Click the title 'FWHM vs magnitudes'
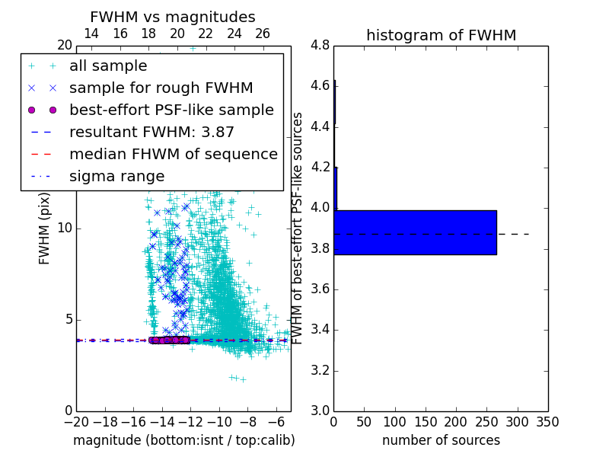173,17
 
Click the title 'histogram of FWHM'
441,35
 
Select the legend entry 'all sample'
108,66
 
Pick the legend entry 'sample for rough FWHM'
161,88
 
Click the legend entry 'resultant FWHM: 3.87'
151,132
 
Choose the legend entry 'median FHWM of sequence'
173,154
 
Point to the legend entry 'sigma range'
116,176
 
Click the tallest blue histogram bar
415,232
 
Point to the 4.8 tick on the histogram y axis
320,45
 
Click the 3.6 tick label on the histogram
320,289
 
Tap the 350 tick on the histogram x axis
547,421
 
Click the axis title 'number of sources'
441,440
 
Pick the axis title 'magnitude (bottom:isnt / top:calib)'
183,440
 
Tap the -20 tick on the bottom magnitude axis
76,421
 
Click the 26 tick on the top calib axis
263,34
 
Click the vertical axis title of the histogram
298,228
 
